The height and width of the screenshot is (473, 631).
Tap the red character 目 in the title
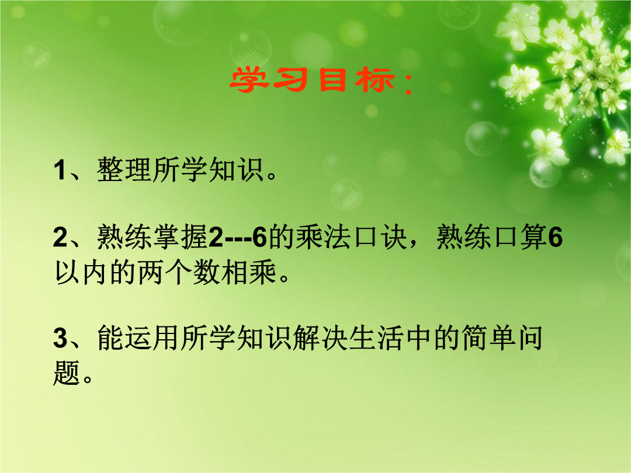click(332, 80)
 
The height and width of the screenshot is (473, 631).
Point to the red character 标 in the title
click(375, 80)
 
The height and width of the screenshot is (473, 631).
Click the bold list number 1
click(60, 170)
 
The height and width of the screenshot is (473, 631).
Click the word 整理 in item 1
click(124, 169)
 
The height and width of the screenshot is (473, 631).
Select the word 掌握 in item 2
click(180, 236)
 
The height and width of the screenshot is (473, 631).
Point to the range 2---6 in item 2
click(237, 237)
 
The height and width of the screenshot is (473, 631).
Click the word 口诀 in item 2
click(380, 236)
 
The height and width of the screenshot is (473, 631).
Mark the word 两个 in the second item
click(165, 272)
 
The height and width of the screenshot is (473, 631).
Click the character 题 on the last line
click(67, 373)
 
